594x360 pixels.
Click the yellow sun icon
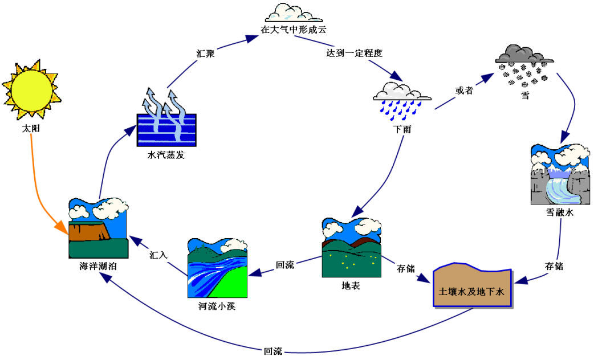point(31,89)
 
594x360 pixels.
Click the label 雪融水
point(559,212)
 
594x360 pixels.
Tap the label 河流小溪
point(217,306)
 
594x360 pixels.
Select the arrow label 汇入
point(158,255)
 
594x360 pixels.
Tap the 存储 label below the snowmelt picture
point(554,266)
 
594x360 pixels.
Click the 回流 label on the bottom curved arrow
point(273,351)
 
